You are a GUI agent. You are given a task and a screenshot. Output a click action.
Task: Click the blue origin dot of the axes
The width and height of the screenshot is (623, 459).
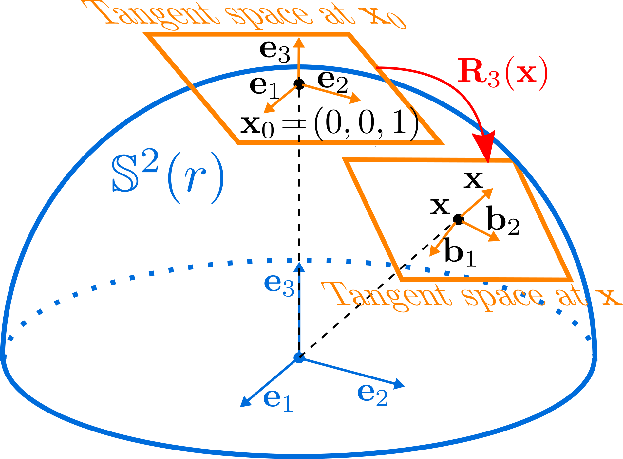(299, 358)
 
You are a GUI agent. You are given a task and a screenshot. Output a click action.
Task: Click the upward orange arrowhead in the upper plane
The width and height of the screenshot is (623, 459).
(298, 43)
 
